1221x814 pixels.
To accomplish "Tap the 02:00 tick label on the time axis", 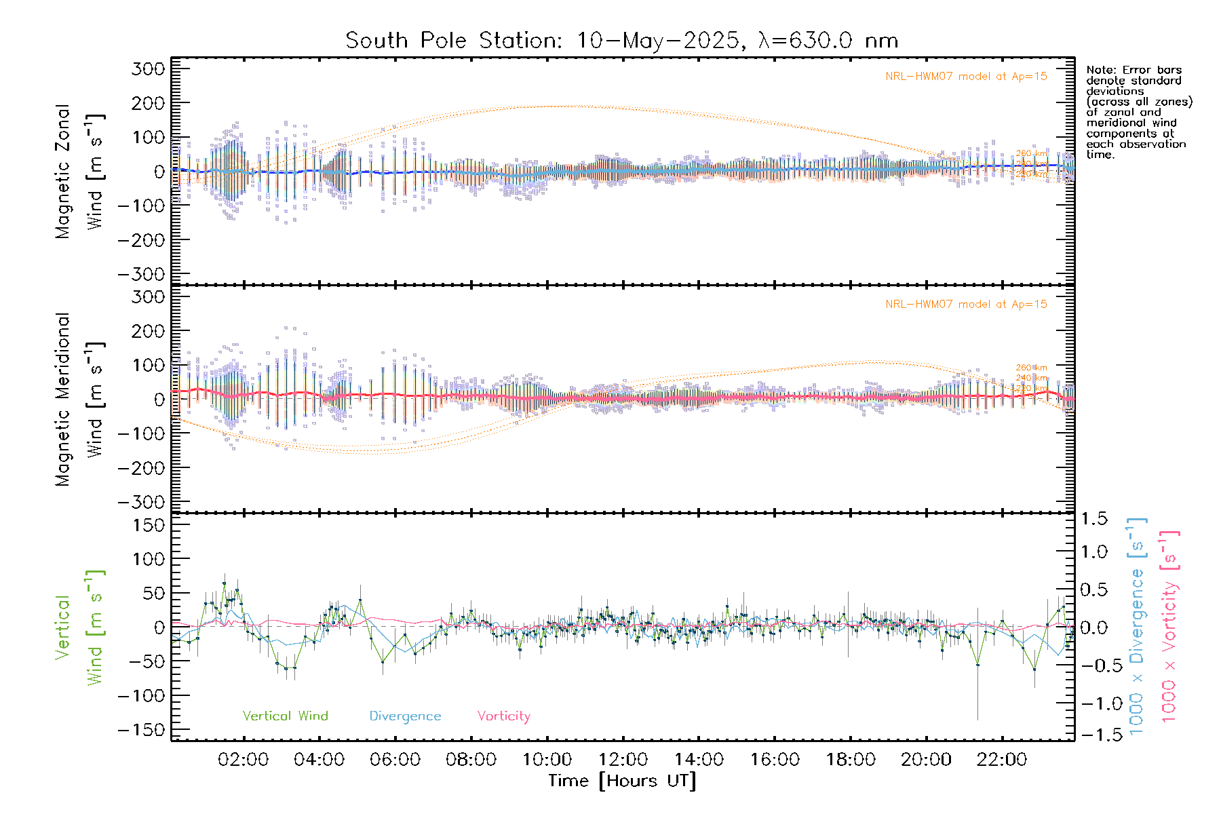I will (243, 760).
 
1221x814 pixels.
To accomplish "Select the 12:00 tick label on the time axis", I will (623, 760).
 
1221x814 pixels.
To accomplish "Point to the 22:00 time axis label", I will (1001, 760).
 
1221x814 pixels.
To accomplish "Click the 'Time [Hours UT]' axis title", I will (622, 781).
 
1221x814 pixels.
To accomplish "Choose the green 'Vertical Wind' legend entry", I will (285, 716).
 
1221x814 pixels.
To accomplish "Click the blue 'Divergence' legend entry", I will (405, 716).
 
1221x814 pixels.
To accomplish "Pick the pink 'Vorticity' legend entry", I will (503, 716).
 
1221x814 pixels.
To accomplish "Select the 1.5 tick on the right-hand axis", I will (1093, 519).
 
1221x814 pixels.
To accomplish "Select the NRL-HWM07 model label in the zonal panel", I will (966, 77).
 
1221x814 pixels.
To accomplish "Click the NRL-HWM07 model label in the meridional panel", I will (966, 305).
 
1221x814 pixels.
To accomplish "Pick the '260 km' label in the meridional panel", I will (1031, 368).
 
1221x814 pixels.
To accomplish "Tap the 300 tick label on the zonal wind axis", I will (148, 69).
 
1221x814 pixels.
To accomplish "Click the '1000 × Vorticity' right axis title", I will (1169, 626).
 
